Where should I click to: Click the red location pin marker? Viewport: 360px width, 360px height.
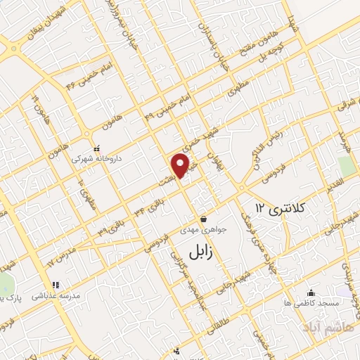coord(182,165)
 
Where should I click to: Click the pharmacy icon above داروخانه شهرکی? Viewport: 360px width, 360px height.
coord(97,149)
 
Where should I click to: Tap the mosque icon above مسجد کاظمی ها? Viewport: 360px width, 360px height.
coord(311,292)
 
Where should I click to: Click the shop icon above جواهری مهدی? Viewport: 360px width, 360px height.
coord(202,218)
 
